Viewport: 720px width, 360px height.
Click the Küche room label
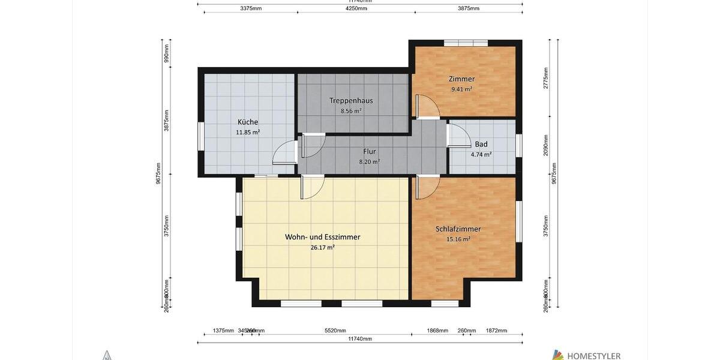click(247, 122)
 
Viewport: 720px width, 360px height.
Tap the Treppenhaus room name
click(351, 100)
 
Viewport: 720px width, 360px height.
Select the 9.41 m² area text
click(461, 89)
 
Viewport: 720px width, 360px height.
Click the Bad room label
click(481, 144)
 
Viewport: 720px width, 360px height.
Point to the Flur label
click(369, 151)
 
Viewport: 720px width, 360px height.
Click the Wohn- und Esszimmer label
click(322, 237)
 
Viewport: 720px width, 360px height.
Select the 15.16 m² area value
click(458, 239)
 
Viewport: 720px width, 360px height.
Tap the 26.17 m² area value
click(322, 247)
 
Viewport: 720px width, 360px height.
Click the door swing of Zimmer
click(428, 106)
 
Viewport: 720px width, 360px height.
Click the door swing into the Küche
click(284, 152)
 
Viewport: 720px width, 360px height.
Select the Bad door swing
click(459, 134)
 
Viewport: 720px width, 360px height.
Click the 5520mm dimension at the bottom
click(335, 331)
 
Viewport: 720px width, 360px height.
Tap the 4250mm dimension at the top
click(356, 8)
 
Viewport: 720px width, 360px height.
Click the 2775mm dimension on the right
click(546, 80)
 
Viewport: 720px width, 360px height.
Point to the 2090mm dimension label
click(546, 146)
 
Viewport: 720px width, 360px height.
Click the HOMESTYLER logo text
click(593, 356)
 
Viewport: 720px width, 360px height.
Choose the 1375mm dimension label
click(223, 331)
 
